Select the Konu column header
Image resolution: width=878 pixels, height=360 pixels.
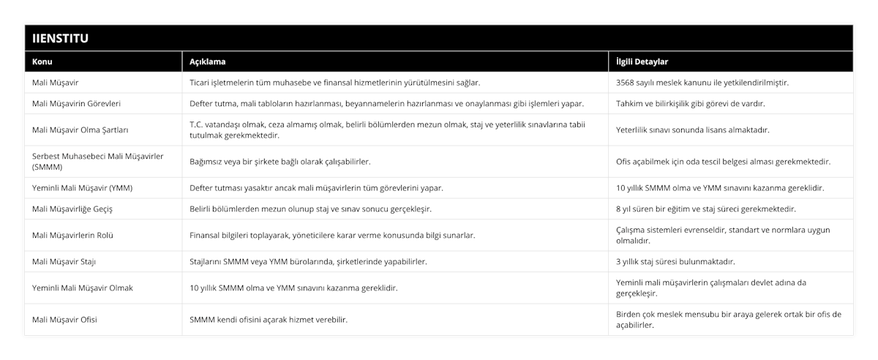(43, 61)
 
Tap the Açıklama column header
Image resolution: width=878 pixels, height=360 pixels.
(208, 61)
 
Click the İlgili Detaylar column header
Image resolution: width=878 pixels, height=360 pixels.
(642, 61)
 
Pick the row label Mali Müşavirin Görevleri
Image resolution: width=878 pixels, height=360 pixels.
(76, 103)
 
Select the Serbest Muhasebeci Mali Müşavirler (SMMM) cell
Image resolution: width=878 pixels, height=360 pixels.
(97, 161)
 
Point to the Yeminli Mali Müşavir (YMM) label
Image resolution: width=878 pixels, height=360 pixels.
(83, 188)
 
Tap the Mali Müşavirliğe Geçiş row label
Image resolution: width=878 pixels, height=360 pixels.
(72, 209)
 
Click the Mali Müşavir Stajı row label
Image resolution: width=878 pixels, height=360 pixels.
(64, 261)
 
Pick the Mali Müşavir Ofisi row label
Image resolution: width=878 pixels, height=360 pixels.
(65, 320)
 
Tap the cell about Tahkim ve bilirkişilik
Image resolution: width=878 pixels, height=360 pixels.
(691, 103)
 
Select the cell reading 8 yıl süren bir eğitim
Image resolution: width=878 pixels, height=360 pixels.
(706, 209)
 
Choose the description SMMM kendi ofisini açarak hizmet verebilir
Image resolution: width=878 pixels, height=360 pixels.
(269, 320)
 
